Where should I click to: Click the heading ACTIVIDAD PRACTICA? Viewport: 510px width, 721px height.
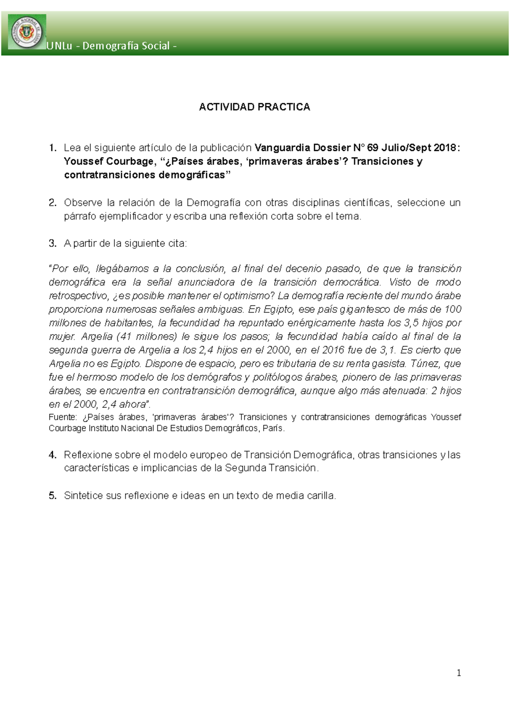255,107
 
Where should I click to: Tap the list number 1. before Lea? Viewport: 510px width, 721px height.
52,148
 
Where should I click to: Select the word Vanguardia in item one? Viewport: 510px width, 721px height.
282,148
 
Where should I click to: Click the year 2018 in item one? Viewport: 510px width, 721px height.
445,148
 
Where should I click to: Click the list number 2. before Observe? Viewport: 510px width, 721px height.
52,203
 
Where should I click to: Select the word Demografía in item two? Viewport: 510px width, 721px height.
213,203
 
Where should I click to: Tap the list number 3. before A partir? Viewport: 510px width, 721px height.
52,244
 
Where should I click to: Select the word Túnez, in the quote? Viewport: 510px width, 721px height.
425,364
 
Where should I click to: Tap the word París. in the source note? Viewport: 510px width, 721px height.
274,429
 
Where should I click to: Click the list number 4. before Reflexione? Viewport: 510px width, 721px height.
52,455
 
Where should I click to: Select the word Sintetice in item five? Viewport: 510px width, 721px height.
83,496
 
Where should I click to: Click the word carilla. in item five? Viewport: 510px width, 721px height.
321,496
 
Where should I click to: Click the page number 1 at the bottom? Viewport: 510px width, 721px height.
459,673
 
